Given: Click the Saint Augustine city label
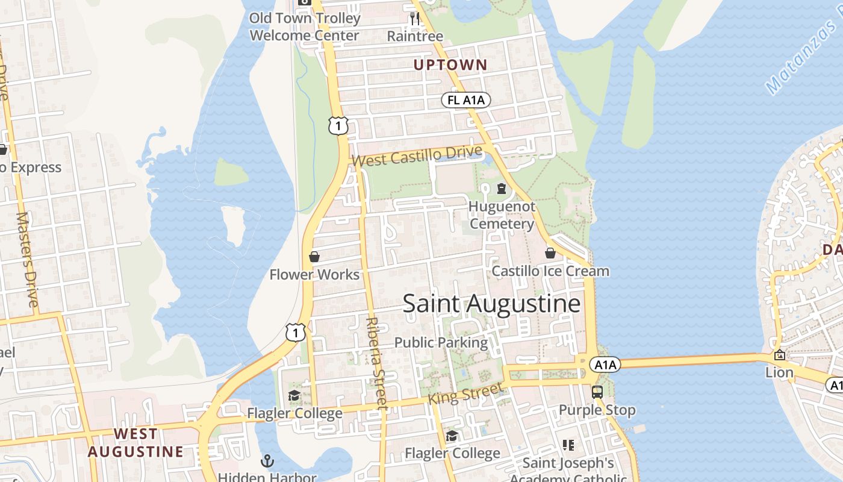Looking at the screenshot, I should pos(491,303).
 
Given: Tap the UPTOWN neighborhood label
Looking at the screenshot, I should pos(450,64).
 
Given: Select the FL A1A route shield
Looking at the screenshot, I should pos(466,100).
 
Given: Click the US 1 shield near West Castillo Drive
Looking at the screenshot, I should pos(338,125).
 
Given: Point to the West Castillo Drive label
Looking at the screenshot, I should pos(417,156).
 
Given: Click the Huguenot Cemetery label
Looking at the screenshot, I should pos(502,215).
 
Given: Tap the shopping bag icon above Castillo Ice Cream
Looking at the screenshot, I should pos(550,253).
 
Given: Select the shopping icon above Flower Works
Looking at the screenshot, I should pos(314,257).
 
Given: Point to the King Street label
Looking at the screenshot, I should pos(464,395).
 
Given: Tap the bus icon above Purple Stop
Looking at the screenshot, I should pos(597,392).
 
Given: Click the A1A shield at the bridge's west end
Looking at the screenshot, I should pos(605,365).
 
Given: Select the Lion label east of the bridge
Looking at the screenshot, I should pos(779,372).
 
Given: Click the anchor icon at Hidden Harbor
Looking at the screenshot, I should pos(267,462).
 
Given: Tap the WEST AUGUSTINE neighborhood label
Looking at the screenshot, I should pos(135,442).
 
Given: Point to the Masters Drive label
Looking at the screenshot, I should pos(28,259).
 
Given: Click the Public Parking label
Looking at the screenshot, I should pos(441,342).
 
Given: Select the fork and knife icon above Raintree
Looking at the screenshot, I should pos(414,19).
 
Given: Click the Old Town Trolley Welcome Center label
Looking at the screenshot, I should pos(305,27).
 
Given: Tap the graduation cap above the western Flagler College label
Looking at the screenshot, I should pos(294,395).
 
